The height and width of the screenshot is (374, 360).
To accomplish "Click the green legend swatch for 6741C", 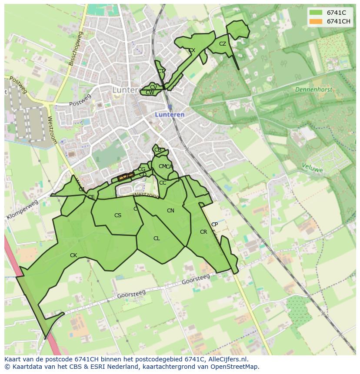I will [x=316, y=13].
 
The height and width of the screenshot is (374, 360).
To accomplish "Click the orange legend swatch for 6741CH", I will [x=316, y=21].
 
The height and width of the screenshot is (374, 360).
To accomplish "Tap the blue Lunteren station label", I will [x=170, y=115].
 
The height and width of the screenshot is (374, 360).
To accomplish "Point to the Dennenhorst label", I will [x=313, y=89].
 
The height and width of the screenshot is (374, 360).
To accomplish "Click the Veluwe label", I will [x=312, y=168].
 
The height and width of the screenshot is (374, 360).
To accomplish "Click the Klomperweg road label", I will [x=22, y=210].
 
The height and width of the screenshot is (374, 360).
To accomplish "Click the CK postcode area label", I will [x=73, y=255].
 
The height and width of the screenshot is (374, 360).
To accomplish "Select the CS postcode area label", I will [x=118, y=215].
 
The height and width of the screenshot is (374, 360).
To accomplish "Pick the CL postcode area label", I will [x=157, y=238].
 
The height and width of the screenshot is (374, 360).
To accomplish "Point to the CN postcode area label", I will [x=170, y=211].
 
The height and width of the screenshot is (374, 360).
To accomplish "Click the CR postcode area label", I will [x=203, y=232].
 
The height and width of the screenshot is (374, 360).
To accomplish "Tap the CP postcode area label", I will [x=214, y=225].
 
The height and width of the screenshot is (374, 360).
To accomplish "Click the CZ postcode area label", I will [x=223, y=44].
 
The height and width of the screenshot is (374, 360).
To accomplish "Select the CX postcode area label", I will [x=192, y=50].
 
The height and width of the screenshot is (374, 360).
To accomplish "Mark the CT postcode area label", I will [x=161, y=71].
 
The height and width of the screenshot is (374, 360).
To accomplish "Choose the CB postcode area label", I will [x=158, y=150].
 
